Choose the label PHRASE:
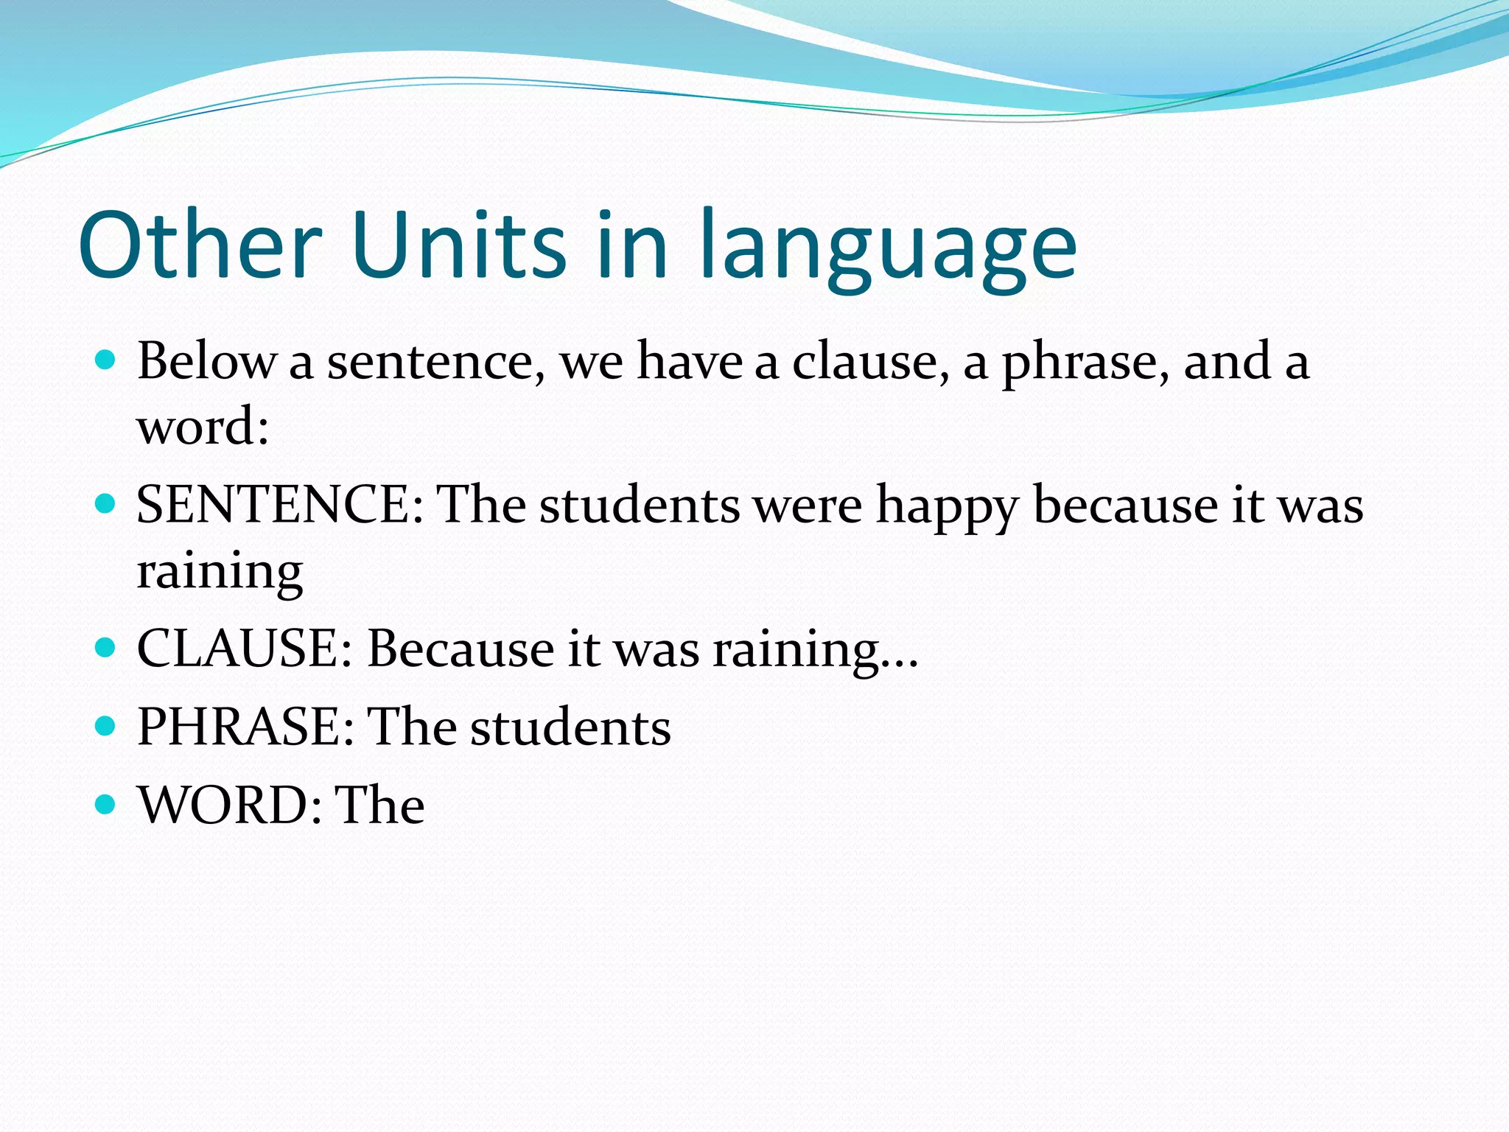point(245,727)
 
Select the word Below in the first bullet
point(206,361)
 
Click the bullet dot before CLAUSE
point(106,648)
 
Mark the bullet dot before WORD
point(106,803)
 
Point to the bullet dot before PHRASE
point(106,726)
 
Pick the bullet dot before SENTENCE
point(106,504)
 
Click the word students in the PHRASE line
point(570,727)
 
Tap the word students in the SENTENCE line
point(640,506)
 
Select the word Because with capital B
point(461,649)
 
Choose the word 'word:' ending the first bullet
point(203,427)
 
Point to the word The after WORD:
point(379,804)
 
